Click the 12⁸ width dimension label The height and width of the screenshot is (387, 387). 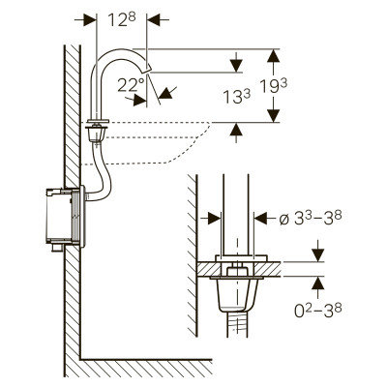(x=122, y=20)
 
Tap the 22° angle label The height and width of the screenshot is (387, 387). (x=131, y=84)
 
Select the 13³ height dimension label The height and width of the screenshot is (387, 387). (x=237, y=96)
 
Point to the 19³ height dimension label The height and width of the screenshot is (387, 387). (x=274, y=86)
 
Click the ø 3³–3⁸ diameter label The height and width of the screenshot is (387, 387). (x=311, y=219)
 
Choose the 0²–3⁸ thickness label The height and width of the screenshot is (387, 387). (x=318, y=310)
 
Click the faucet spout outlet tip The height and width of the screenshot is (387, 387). (x=148, y=69)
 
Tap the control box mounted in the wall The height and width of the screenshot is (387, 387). (x=66, y=217)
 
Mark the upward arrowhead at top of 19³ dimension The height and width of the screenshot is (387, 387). (x=274, y=55)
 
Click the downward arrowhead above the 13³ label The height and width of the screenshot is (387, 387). (x=237, y=66)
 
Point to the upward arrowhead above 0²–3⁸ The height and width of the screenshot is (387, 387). (x=318, y=283)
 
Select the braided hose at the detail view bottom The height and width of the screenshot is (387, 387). (x=238, y=324)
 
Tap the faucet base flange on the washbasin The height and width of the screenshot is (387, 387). (x=98, y=121)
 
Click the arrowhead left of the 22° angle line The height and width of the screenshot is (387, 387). (x=139, y=100)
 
